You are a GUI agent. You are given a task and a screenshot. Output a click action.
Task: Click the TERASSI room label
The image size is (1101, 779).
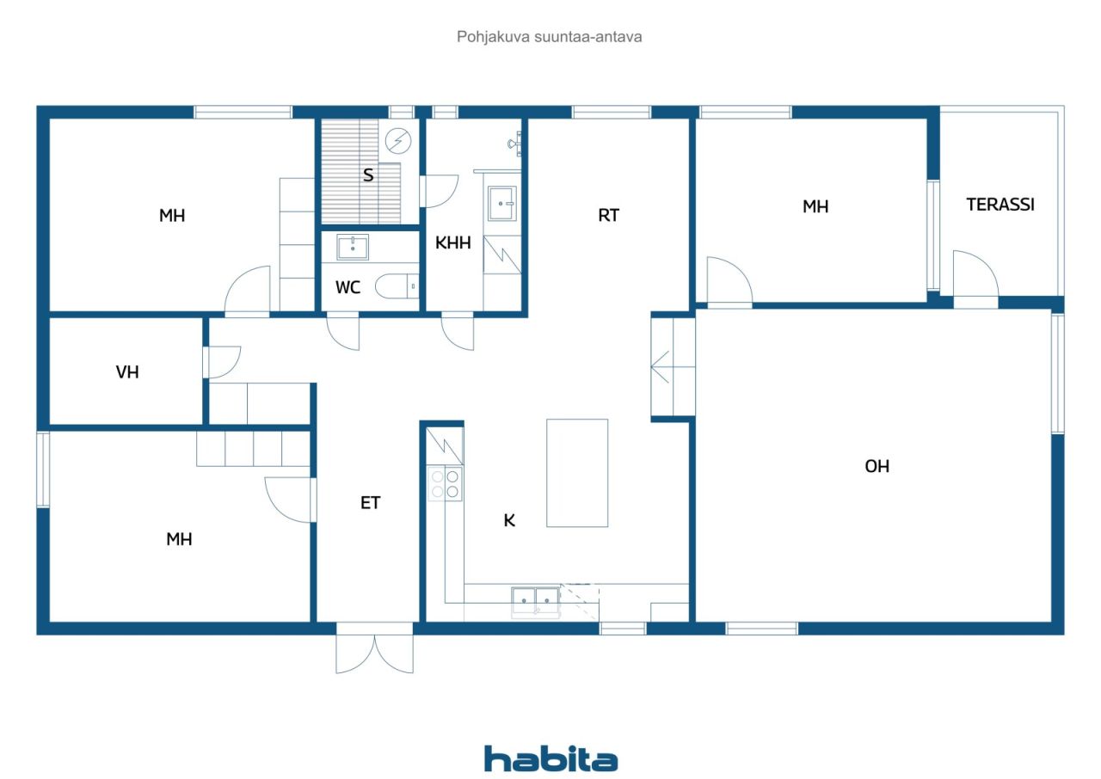[x=1000, y=205]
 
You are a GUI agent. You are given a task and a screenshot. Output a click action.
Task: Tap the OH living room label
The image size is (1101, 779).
[x=876, y=466]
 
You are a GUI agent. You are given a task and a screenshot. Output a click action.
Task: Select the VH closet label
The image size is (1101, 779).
[x=127, y=372]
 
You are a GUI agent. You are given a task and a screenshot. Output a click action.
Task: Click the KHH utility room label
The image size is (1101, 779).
[x=452, y=243]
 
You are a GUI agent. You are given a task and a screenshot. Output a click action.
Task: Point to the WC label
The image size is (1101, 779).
[x=348, y=287]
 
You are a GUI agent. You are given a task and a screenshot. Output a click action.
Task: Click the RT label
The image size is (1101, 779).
[x=608, y=216]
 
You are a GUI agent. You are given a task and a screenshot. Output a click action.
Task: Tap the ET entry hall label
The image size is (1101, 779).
[x=370, y=503]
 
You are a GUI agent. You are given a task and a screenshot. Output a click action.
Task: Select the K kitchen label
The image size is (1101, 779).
[x=509, y=520]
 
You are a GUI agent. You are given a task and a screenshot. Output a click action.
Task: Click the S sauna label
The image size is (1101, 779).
[x=368, y=175]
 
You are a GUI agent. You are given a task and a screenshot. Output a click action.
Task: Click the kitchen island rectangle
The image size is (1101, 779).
[x=577, y=473]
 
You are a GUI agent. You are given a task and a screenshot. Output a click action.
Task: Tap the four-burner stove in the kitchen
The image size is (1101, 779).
[x=445, y=484]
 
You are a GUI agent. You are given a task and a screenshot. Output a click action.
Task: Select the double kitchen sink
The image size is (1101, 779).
[x=536, y=598]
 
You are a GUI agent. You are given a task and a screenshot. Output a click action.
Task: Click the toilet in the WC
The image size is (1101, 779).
[x=398, y=285]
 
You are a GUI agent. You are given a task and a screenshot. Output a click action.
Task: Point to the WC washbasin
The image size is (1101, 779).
[x=353, y=248]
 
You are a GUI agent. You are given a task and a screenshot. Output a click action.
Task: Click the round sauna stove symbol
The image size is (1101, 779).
[x=398, y=140]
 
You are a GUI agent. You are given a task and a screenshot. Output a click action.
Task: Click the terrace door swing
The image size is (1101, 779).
[x=975, y=275]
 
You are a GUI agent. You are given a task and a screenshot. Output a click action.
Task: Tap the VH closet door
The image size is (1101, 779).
[x=222, y=361]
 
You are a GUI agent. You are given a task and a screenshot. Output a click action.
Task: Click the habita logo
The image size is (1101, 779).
[x=550, y=759]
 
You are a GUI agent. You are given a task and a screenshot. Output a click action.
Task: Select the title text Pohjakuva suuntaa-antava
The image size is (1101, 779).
[x=550, y=37]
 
